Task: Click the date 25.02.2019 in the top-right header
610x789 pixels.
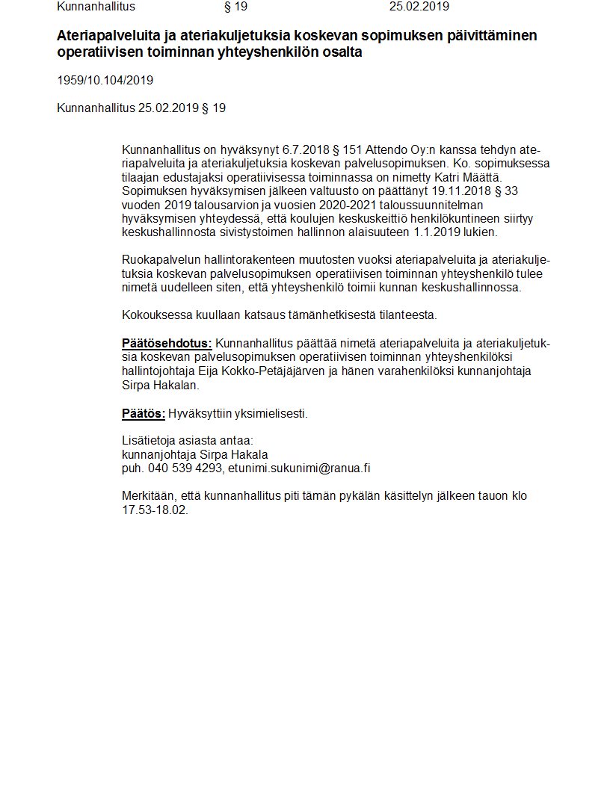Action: (419, 7)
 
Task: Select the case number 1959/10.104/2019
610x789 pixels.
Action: (105, 81)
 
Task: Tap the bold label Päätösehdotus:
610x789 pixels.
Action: (167, 344)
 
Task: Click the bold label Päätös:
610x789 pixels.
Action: (143, 413)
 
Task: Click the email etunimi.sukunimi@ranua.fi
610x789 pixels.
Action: (300, 468)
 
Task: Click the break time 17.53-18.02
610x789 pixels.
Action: (155, 510)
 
